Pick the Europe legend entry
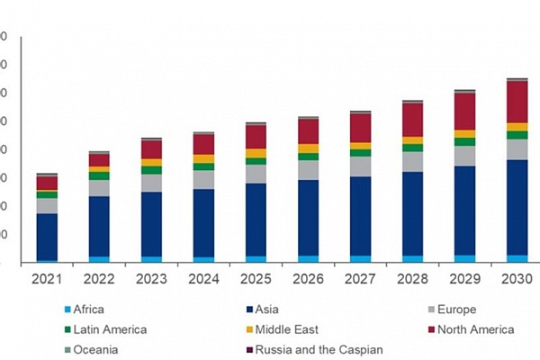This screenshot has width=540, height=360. click(458, 310)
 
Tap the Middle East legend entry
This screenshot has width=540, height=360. click(286, 330)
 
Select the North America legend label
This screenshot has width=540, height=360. click(476, 330)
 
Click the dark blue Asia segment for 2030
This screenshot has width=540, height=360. click(517, 207)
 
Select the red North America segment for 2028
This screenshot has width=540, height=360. click(412, 120)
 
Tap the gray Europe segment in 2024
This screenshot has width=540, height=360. click(203, 179)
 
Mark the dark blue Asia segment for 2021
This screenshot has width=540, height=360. click(47, 236)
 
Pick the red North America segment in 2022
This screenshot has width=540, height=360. click(99, 160)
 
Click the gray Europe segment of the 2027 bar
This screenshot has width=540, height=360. click(360, 166)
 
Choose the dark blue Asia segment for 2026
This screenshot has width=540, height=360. click(308, 217)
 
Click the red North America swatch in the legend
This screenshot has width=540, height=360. click(436, 330)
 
